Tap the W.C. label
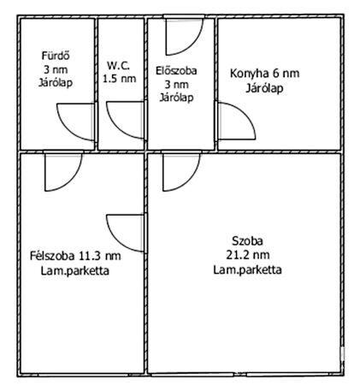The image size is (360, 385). (118, 64)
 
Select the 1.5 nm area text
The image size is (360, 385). (119, 78)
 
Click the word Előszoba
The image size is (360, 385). (177, 72)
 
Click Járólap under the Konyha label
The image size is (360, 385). (265, 87)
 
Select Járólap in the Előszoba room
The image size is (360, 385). (177, 98)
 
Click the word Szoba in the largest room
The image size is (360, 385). (248, 239)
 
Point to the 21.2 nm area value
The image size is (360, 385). (248, 254)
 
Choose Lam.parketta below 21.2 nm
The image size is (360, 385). (248, 269)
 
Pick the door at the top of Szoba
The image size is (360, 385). (180, 171)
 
